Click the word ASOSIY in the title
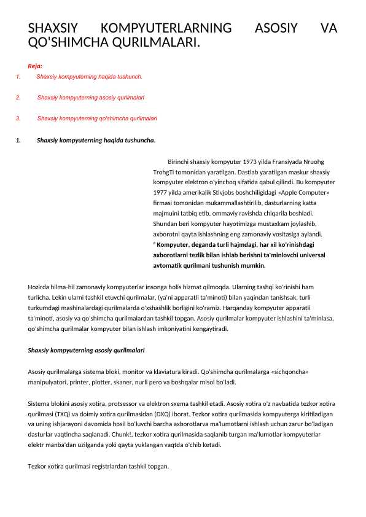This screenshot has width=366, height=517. (x=276, y=28)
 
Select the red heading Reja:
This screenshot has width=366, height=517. (x=35, y=66)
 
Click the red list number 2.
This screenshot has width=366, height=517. (x=18, y=98)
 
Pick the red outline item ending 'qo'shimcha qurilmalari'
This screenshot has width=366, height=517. (x=97, y=118)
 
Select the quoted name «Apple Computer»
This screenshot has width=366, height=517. (x=304, y=193)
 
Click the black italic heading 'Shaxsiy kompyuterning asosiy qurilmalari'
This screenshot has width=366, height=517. (x=87, y=350)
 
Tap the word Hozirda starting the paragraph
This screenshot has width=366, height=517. (x=39, y=287)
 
